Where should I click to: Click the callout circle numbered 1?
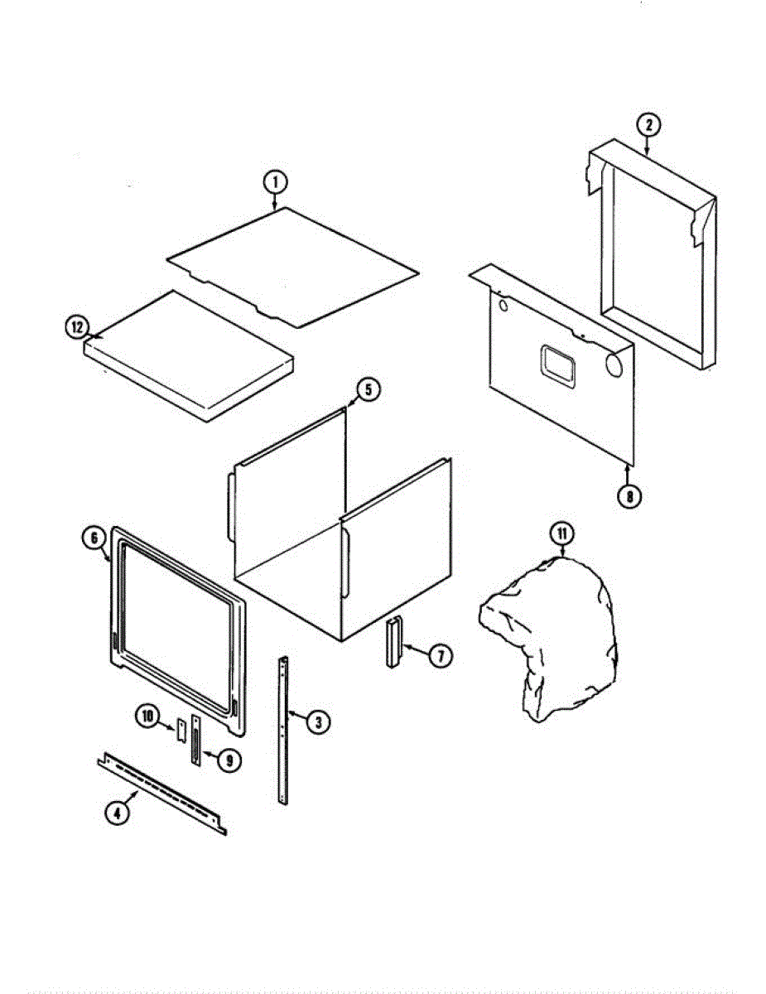coord(275,181)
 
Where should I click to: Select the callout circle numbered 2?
coord(648,126)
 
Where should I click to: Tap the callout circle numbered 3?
coord(317,721)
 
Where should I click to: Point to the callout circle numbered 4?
coord(117,813)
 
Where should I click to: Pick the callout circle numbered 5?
coord(369,388)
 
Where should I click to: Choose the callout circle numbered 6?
coord(94,538)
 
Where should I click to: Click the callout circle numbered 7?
coord(440,656)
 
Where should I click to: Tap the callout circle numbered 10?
coord(149,717)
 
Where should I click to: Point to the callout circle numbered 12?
coord(77,328)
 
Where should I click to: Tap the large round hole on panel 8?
coord(615,364)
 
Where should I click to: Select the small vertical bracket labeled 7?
coord(393,641)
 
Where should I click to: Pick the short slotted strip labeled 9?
coord(196,741)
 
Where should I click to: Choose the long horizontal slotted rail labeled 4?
coord(162,794)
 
